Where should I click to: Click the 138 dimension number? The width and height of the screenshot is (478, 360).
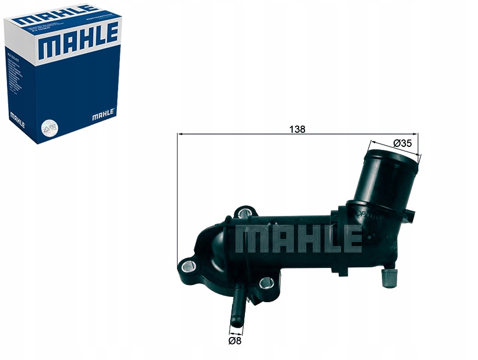pos(298,130)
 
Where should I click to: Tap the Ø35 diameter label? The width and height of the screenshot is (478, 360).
pos(401,143)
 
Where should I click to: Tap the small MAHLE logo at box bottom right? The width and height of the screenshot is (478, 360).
pos(103,114)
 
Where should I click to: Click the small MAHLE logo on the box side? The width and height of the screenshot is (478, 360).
pos(17,122)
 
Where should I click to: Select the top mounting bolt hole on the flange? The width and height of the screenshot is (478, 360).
pos(244,212)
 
